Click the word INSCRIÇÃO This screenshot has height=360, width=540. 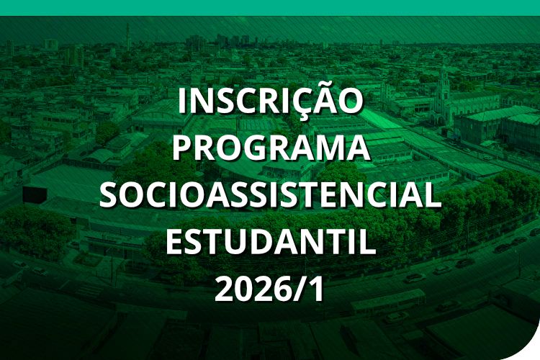pyautogui.click(x=271, y=101)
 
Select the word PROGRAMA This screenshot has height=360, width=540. pyautogui.click(x=271, y=148)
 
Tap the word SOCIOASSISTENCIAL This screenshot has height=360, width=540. pyautogui.click(x=271, y=195)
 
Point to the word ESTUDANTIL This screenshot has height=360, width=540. pyautogui.click(x=271, y=242)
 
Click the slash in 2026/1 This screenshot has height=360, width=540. pyautogui.click(x=298, y=289)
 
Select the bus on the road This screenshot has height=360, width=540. pyautogui.click(x=388, y=301)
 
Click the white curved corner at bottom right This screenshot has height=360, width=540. pyautogui.click(x=531, y=352)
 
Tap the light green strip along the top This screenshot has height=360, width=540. pyautogui.click(x=270, y=7)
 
